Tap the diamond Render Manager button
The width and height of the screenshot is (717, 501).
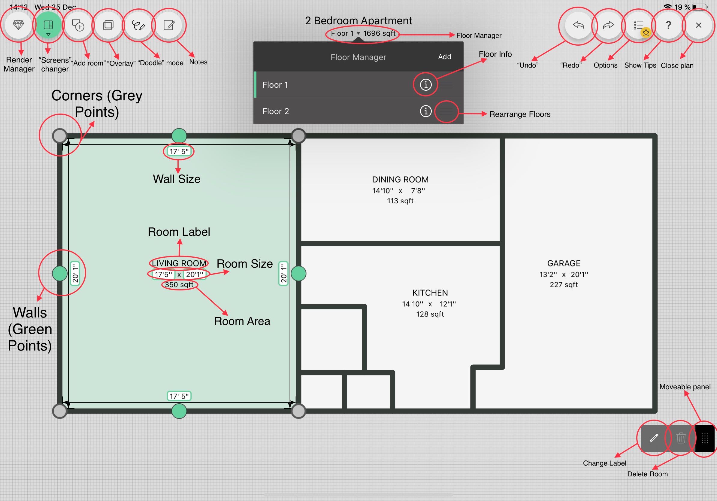click(18, 25)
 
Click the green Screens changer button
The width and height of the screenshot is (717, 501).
click(48, 25)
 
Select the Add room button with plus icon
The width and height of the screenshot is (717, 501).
click(78, 25)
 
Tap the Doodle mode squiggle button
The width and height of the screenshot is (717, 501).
click(138, 25)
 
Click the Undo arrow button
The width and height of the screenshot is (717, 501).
click(578, 25)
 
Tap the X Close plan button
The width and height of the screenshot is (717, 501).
click(699, 25)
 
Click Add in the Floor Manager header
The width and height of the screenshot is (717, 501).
click(444, 57)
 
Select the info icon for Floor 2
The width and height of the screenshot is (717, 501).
click(425, 111)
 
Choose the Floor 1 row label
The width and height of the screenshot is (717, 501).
click(275, 85)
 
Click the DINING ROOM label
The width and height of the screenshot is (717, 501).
click(400, 180)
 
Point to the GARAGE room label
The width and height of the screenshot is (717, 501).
click(564, 263)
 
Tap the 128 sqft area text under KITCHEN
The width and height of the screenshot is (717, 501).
click(430, 314)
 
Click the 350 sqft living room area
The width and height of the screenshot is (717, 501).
click(179, 284)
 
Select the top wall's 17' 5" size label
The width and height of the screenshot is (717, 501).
click(179, 151)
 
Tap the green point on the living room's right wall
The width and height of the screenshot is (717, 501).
click(298, 274)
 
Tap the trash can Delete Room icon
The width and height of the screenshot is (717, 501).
click(681, 438)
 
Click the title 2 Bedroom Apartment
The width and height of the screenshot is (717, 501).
click(358, 21)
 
